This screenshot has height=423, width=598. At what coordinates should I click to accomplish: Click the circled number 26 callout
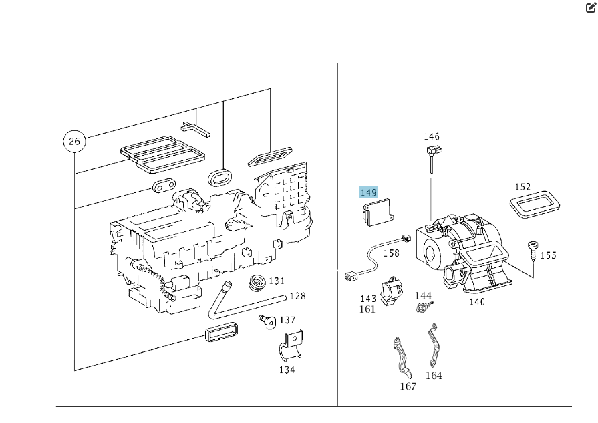(73, 141)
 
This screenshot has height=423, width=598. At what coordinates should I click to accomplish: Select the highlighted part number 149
(369, 193)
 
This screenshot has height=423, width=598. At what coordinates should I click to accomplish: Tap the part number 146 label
(432, 137)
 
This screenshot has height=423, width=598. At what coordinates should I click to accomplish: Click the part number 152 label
(522, 188)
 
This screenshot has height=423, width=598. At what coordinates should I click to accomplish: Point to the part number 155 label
(548, 255)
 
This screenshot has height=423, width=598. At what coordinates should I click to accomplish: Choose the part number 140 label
(477, 302)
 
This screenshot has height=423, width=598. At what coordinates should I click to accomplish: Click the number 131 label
(277, 281)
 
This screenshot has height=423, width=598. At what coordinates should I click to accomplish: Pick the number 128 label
(297, 296)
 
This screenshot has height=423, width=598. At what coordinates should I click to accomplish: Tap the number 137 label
(287, 320)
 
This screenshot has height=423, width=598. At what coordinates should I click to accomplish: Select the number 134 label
(287, 370)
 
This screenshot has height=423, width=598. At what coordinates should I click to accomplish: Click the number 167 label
(408, 386)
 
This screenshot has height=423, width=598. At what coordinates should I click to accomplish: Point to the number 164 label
(434, 376)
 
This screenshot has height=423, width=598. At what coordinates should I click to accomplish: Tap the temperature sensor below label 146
(432, 157)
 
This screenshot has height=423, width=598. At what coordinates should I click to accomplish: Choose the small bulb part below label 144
(422, 308)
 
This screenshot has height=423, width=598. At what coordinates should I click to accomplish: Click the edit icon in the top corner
(590, 9)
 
